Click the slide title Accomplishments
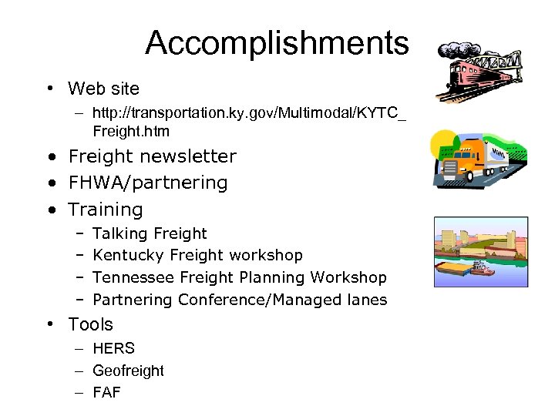click(x=277, y=43)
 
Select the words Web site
click(x=103, y=89)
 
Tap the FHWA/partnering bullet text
click(x=148, y=183)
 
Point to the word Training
click(x=106, y=210)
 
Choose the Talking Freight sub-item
click(x=150, y=233)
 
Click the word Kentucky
click(x=128, y=255)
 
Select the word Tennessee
click(x=133, y=277)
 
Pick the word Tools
click(x=90, y=324)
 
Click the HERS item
click(x=113, y=348)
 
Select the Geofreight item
click(x=128, y=371)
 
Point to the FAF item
click(x=106, y=392)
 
